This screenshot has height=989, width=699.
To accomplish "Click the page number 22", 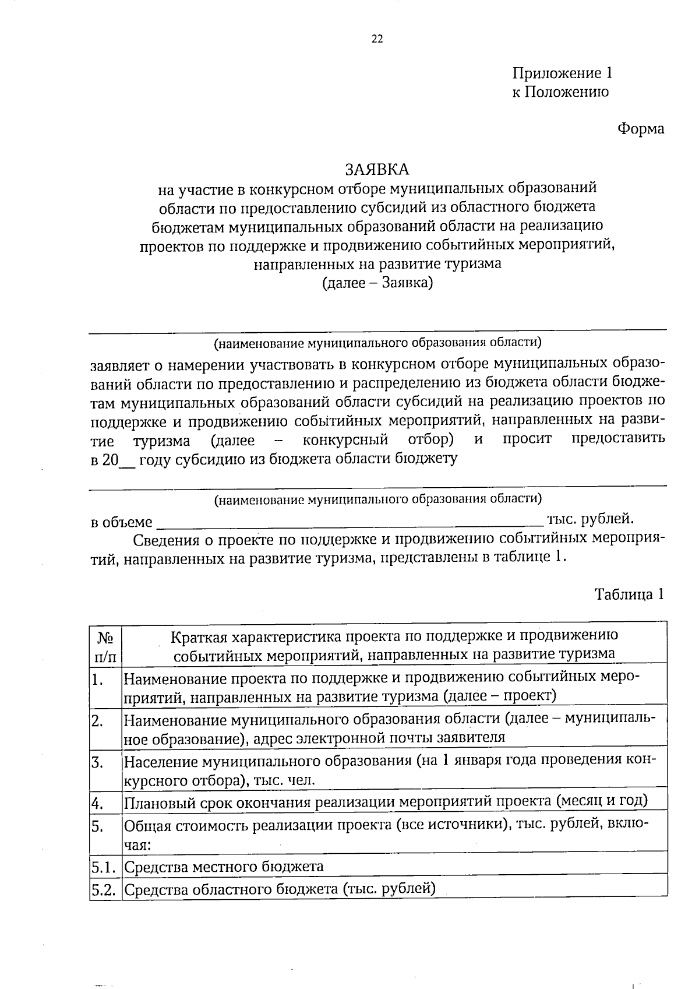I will tap(377, 39).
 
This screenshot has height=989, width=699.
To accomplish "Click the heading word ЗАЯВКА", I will tap(377, 169).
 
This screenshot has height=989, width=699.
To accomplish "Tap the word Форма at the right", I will tap(641, 128).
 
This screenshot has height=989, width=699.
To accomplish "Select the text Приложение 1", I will tap(562, 73).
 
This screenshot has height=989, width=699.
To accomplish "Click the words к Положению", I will tap(560, 92).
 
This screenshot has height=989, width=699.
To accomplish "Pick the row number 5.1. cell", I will tap(105, 867).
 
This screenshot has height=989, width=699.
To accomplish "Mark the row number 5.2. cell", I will tap(105, 890).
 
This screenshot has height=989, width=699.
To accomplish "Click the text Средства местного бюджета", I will tap(224, 866).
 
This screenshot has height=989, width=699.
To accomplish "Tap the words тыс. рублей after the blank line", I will tap(589, 518).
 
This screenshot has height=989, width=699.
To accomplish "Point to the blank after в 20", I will tap(127, 460).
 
